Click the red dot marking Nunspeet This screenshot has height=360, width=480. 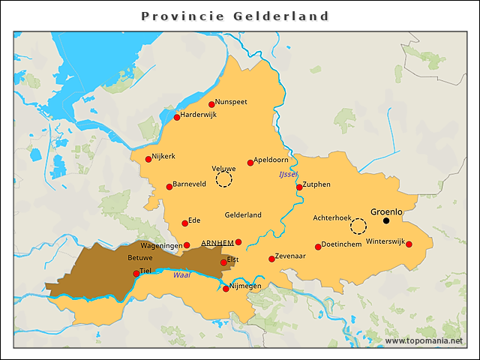[211, 105]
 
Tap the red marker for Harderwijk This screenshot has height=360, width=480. [177, 117]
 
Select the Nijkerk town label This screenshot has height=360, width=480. [163, 156]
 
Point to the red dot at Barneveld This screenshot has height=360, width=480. [169, 187]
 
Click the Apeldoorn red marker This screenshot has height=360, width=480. [250, 163]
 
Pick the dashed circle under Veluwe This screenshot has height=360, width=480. [224, 179]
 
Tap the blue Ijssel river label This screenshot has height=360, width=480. [288, 174]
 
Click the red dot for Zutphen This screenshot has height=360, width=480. [299, 187]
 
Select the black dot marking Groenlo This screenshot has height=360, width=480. [386, 220]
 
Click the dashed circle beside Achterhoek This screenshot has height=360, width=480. [358, 226]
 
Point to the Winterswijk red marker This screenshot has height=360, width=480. [409, 244]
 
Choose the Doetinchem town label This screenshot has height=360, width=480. [342, 244]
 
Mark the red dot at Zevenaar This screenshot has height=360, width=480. [271, 259]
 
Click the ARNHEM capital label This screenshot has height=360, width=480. [217, 243]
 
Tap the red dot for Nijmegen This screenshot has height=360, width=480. [226, 289]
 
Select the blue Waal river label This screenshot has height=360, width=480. [181, 275]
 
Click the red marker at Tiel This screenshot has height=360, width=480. [136, 274]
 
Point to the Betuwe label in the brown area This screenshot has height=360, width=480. [140, 257]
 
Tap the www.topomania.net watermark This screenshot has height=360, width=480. [423, 340]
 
